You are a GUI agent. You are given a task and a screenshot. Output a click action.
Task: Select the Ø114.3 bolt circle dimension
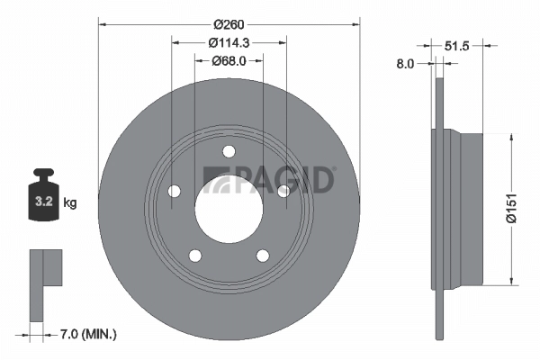pyautogui.click(x=229, y=41)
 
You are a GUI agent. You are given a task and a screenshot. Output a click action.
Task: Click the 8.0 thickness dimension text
pyautogui.click(x=405, y=63)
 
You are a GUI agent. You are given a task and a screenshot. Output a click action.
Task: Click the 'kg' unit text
pyautogui.click(x=70, y=202)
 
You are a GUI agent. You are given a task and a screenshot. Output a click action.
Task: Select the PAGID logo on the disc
pyautogui.click(x=269, y=178)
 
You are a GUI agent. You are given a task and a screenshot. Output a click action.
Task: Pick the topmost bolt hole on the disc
pyautogui.click(x=229, y=150)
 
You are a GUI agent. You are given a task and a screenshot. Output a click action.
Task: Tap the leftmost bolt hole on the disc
pyautogui.click(x=174, y=191)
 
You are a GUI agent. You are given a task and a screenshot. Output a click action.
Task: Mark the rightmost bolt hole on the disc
pyautogui.click(x=283, y=190)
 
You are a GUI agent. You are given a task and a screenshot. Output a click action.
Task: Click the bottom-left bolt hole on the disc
pyautogui.click(x=195, y=256)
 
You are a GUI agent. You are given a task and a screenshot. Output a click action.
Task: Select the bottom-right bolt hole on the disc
pyautogui.click(x=263, y=256)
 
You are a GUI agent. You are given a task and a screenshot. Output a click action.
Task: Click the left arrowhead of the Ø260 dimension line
pyautogui.click(x=100, y=22)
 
